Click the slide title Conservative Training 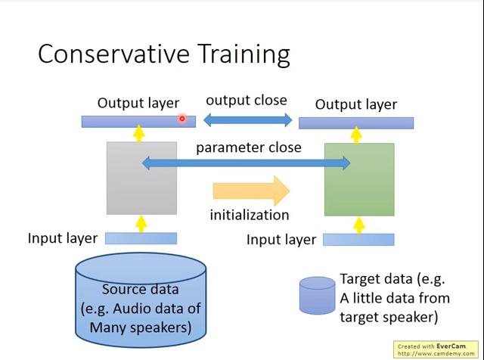(x=163, y=54)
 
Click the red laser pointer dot (x=182, y=118)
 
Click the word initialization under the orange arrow (x=250, y=215)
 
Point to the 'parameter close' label (x=248, y=147)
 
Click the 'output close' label (x=247, y=101)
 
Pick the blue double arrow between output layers (x=247, y=119)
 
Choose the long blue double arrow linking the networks (x=247, y=162)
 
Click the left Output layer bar (x=129, y=122)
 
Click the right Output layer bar (x=355, y=123)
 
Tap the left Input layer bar (x=141, y=238)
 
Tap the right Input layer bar (x=358, y=240)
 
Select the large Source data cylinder (x=141, y=298)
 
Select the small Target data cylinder (x=317, y=295)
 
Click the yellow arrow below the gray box (x=141, y=224)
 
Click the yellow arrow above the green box (x=357, y=135)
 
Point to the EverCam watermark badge (x=438, y=349)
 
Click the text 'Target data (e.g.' (x=392, y=280)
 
